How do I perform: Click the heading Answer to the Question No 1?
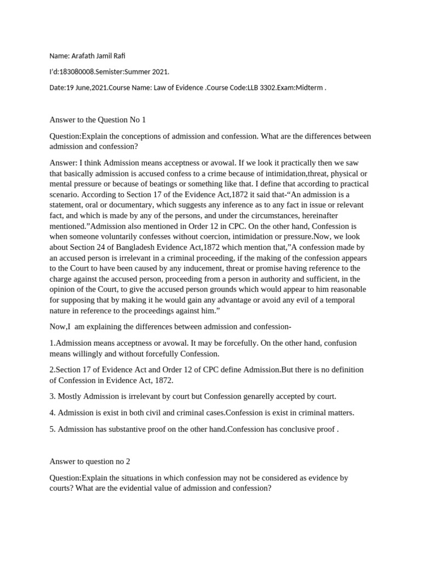98,119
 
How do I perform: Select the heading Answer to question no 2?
89,461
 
